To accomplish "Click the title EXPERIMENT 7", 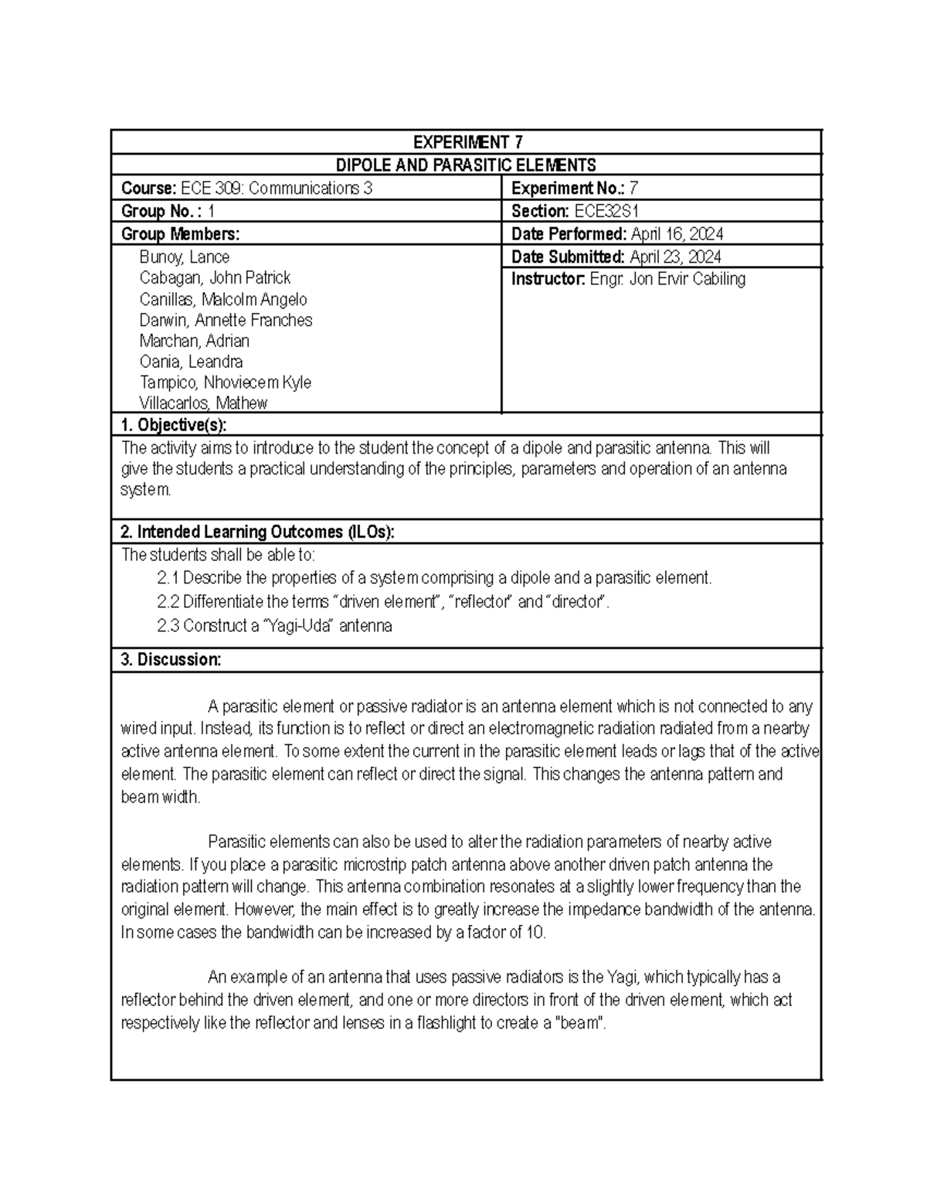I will coord(467,142).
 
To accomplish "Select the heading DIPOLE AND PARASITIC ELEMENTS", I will coord(466,165).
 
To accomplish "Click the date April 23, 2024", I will coord(675,257).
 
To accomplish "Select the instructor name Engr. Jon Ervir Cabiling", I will coord(667,279).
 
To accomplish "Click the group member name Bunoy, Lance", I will coord(184,257).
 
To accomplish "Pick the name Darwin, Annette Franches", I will coord(226,320).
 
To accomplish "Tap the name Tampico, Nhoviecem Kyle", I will coord(225,382).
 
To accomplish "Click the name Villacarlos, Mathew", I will coord(203,403).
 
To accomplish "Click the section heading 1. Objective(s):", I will coord(174,424).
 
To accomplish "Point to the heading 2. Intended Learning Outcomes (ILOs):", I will coord(257,532).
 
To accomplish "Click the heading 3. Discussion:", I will coord(171,660).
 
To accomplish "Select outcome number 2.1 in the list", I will coord(168,578).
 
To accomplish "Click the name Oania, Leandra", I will coord(191,362).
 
